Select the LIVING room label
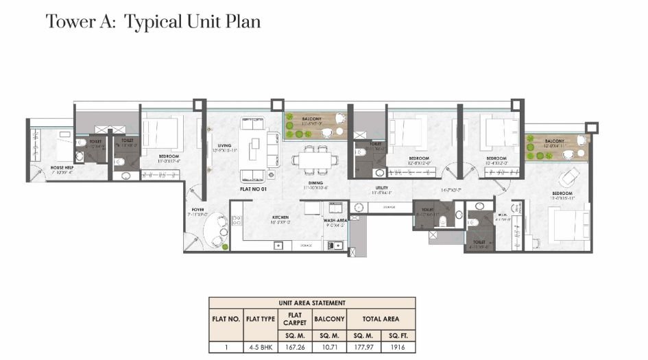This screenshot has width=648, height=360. coord(224,146)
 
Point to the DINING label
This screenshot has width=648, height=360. coord(315,184)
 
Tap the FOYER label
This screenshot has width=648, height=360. coord(197,210)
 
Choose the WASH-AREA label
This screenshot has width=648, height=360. coord(336,220)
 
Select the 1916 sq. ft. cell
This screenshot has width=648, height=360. coord(398,348)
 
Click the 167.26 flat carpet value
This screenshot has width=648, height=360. coord(293,348)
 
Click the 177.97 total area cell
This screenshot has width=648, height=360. coord(363,348)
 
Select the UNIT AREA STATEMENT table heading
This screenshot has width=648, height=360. coord(312,302)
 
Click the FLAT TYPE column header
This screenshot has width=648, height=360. coord(260,319)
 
